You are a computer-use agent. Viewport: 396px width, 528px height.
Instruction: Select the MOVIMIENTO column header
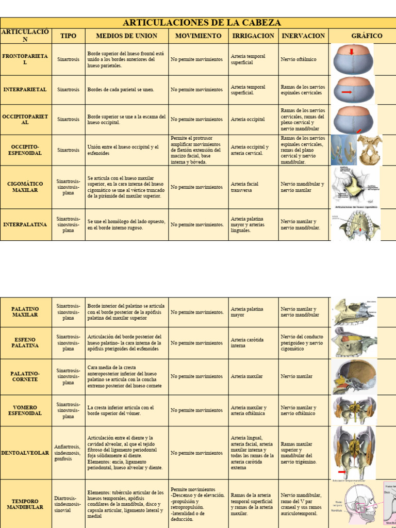199,36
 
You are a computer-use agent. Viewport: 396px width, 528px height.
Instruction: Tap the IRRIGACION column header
253,36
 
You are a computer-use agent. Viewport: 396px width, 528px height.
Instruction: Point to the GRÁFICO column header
367,36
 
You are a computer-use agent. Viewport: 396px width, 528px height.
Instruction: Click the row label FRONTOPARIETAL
25,59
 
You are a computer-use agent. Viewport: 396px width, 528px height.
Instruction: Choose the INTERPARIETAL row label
25,90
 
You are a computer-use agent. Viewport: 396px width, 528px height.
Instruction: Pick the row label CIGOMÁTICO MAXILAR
25,187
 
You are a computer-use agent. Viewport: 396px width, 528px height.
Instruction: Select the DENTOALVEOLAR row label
25,453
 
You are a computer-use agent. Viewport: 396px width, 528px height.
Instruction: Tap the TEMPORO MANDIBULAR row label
25,504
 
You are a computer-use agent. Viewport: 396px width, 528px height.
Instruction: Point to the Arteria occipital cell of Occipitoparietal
248,119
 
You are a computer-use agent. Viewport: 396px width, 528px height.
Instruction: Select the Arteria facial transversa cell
245,187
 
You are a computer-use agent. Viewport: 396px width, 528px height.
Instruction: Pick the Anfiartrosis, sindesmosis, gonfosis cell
68,453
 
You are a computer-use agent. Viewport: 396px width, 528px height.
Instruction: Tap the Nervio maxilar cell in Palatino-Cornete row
296,376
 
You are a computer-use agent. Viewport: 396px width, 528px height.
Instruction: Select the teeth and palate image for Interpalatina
356,225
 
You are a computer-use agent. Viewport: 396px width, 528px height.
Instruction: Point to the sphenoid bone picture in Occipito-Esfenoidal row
369,150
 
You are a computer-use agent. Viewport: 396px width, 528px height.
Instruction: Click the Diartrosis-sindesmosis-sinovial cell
68,504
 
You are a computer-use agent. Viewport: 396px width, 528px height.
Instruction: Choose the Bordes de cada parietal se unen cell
121,90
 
